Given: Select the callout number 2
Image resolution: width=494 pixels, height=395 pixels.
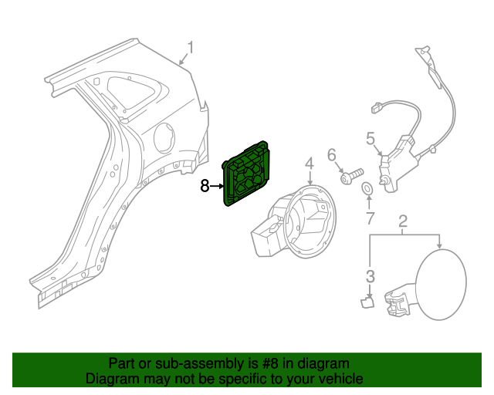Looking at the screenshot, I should pos(403,224).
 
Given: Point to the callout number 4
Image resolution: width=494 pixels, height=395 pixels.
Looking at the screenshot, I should pos(308,164).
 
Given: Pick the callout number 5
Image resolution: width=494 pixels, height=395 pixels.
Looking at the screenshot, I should pos(370,138).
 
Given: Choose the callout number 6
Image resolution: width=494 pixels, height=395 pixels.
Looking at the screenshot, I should pos(333,155).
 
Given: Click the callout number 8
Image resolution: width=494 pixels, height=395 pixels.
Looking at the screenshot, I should pos(205,186).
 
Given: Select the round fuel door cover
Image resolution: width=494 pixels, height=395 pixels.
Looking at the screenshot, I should pos(442,282).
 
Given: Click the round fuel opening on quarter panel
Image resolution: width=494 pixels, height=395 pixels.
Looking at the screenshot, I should pos(166,139).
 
